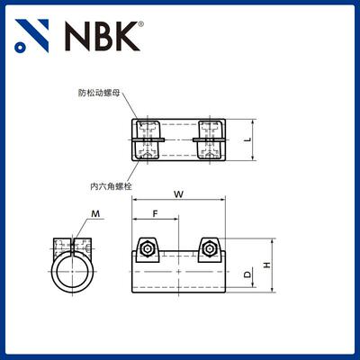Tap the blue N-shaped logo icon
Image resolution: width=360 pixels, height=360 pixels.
click(x=33, y=36)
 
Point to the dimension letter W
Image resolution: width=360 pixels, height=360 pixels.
click(x=179, y=195)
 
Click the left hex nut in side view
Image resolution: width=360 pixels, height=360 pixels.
click(x=147, y=247)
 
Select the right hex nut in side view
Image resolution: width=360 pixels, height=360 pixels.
click(x=209, y=247)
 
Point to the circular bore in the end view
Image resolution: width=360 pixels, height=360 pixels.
click(x=73, y=274)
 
